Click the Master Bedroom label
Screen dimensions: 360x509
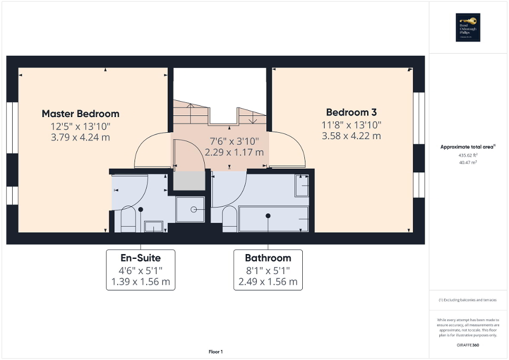point(80,113)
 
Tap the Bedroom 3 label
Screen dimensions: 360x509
point(351,112)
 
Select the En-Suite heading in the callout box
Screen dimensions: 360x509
point(140,258)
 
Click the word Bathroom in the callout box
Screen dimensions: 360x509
point(268,258)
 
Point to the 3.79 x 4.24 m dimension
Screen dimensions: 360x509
point(80,138)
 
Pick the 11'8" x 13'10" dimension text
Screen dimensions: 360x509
point(351,124)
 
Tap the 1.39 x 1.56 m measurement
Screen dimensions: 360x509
point(140,281)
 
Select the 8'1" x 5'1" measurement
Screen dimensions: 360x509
point(268,270)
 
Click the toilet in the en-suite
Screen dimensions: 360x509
point(128,220)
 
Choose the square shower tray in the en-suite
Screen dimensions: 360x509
point(190,209)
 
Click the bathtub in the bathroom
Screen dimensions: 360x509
point(274,219)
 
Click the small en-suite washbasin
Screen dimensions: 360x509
point(153,227)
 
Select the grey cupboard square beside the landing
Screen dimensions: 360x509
point(189,181)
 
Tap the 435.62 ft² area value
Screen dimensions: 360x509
point(468,156)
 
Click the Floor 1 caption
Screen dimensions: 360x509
point(215,352)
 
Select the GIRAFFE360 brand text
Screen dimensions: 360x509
point(468,344)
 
